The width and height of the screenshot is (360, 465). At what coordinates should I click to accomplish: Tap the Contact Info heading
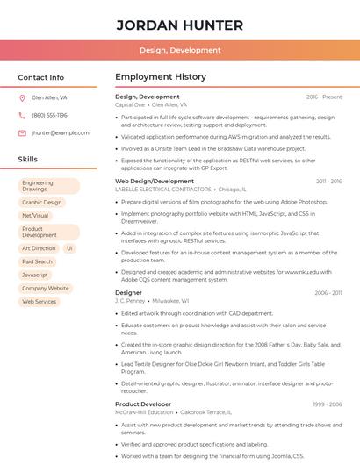point(41,77)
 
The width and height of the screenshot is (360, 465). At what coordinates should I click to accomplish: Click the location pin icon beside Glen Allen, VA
point(22,98)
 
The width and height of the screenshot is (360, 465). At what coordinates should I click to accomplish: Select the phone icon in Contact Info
point(22,116)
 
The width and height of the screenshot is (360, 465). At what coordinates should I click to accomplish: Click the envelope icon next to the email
point(22,133)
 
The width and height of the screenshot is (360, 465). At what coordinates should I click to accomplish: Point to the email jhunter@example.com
point(61,133)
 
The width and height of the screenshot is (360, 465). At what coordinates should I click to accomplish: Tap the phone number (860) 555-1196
point(49,116)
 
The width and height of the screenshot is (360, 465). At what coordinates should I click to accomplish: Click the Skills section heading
point(28,160)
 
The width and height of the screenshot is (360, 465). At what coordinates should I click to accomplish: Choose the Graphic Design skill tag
point(42,203)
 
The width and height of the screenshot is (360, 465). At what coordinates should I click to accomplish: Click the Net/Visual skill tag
point(35,216)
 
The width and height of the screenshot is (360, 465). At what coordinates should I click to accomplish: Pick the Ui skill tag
point(69,248)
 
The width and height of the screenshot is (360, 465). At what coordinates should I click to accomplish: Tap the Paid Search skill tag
point(38,261)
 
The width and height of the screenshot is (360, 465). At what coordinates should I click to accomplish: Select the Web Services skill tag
point(39,301)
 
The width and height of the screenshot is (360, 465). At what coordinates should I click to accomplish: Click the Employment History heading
point(161,77)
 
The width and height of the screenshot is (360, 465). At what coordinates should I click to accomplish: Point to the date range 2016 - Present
point(324,97)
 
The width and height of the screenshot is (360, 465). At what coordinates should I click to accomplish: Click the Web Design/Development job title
point(155,182)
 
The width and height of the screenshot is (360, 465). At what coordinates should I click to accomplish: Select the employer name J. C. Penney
point(130,300)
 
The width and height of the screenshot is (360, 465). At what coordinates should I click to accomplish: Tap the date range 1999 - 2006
point(328,404)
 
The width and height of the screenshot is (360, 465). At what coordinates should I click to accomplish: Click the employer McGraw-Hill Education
point(145,411)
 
